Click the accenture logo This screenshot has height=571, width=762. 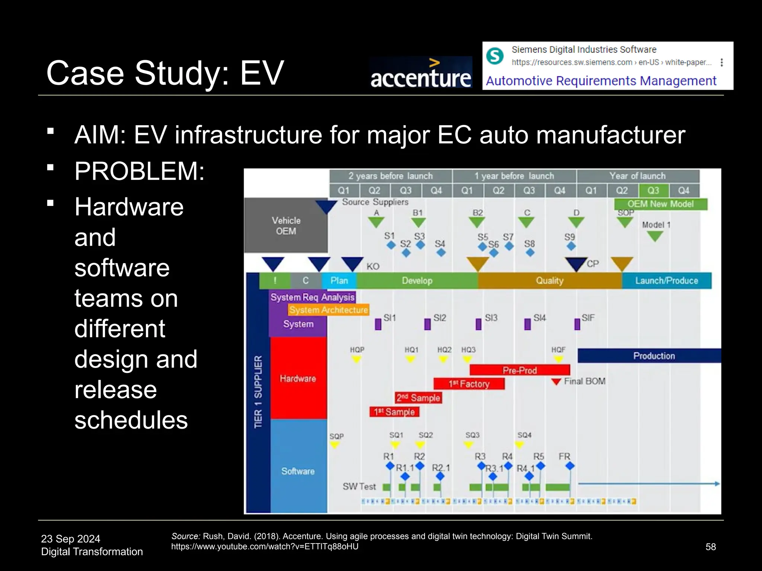tap(421, 73)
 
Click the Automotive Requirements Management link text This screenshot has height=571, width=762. tap(601, 81)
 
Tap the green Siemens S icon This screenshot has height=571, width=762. tap(495, 56)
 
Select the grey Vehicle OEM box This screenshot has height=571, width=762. tap(286, 226)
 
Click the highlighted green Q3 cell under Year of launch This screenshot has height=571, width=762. tap(653, 191)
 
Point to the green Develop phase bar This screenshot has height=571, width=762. tap(417, 281)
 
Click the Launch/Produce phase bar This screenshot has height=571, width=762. tap(666, 281)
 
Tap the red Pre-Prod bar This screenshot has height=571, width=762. tap(519, 370)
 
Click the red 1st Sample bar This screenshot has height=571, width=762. tap(394, 412)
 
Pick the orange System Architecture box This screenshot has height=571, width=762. tap(329, 310)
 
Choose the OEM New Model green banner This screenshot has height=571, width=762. tap(660, 204)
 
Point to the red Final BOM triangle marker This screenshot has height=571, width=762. tap(556, 382)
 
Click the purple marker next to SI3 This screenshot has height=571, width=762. tap(478, 324)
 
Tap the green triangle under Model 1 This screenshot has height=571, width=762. tap(655, 236)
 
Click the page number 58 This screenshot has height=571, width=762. tap(710, 547)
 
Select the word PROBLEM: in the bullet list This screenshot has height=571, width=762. tap(140, 171)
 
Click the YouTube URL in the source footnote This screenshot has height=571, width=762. tap(265, 546)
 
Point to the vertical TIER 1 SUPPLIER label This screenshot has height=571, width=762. tap(258, 392)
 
